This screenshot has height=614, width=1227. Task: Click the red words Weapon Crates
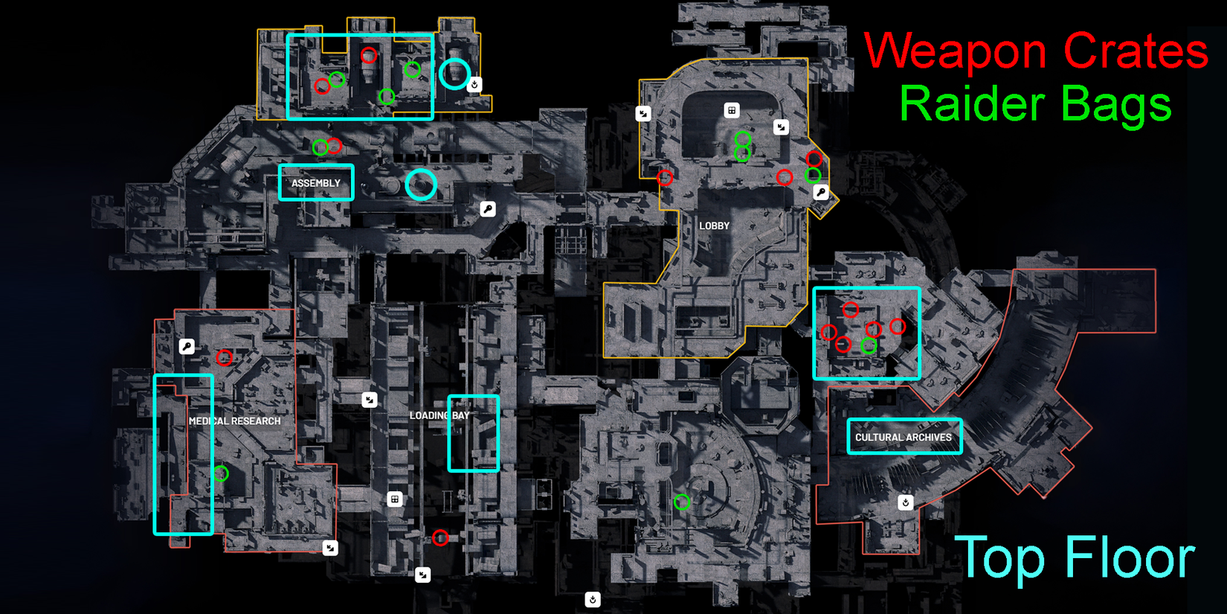[x=1035, y=51]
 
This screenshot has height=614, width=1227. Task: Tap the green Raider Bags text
[x=1035, y=104]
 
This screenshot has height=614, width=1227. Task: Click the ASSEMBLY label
[x=316, y=183]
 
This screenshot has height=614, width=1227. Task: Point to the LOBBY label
[x=714, y=226]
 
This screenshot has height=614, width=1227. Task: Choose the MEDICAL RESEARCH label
[x=235, y=421]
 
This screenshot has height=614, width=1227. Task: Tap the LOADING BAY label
[x=439, y=415]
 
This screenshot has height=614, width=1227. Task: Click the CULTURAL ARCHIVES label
[x=904, y=438]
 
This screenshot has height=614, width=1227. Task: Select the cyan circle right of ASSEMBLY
[x=421, y=185]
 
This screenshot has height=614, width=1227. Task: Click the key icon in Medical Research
[x=187, y=346]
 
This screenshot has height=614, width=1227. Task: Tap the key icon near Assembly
[x=488, y=209]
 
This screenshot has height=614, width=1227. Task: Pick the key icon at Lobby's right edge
[x=820, y=192]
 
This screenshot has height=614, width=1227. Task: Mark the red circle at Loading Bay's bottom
[x=440, y=537]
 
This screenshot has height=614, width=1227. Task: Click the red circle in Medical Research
[x=224, y=358]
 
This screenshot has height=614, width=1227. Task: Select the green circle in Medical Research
[x=221, y=473]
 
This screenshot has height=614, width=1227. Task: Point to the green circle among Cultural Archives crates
[x=869, y=346]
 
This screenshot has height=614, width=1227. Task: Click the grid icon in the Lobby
[x=732, y=110]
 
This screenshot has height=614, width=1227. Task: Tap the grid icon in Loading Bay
[x=395, y=499]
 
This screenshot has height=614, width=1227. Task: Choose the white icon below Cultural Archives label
[x=906, y=502]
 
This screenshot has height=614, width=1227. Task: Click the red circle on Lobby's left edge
[x=665, y=178]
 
